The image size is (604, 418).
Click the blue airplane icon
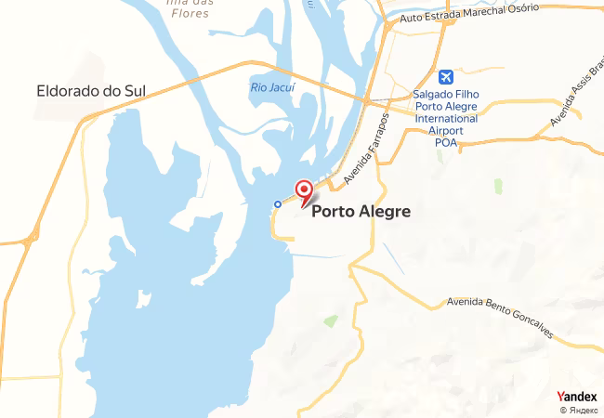click(x=446, y=75)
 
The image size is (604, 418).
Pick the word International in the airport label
click(x=447, y=119)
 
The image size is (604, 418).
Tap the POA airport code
click(x=446, y=143)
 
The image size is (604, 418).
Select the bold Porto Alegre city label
click(x=361, y=211)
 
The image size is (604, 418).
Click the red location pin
click(x=303, y=191)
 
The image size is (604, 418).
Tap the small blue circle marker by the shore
click(x=277, y=203)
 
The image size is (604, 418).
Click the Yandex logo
click(x=576, y=397)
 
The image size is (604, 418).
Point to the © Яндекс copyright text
click(x=578, y=410)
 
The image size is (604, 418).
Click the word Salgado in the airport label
click(x=435, y=95)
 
